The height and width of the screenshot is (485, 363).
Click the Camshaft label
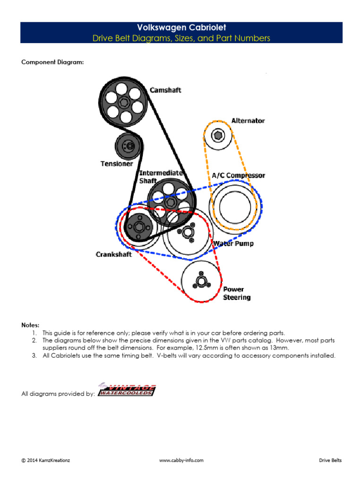[x=165, y=90]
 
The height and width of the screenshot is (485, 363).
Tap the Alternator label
[x=248, y=121]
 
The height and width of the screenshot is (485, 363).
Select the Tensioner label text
[x=116, y=164]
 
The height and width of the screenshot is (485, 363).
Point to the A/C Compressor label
[x=238, y=175]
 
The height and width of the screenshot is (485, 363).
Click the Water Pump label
[x=233, y=243]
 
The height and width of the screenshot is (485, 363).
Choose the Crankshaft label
[x=113, y=254]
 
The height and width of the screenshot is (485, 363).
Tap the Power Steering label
[x=236, y=293]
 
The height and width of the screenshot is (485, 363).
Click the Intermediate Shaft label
[x=161, y=177]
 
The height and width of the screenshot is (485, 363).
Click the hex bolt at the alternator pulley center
[x=218, y=135]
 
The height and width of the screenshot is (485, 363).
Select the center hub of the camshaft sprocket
[x=124, y=101]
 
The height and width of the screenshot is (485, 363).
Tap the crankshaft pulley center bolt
[x=138, y=227]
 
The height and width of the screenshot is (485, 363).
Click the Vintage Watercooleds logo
[x=127, y=389]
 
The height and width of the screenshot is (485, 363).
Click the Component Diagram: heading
[x=52, y=62]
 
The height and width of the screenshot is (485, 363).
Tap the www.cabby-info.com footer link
[x=181, y=460]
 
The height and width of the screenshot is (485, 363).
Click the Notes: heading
[x=30, y=325]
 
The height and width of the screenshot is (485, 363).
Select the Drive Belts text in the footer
[x=330, y=460]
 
